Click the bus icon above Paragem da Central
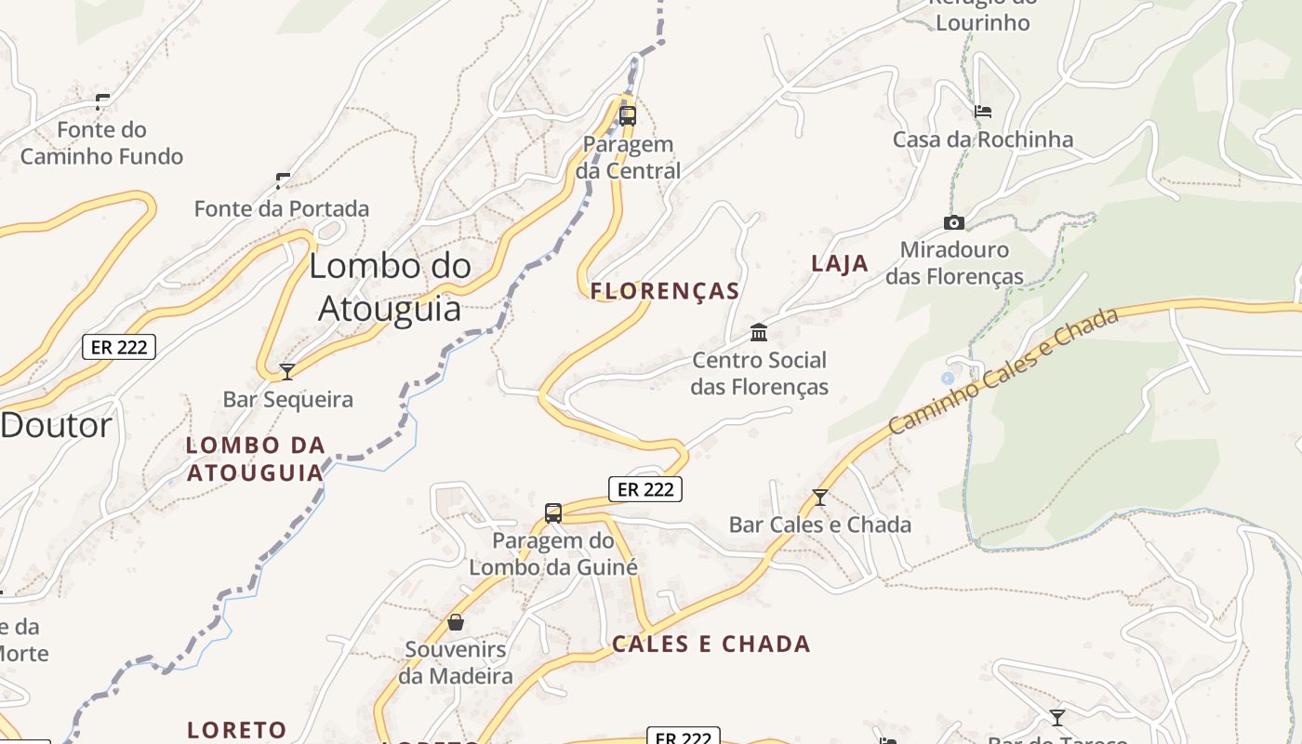click(628, 116)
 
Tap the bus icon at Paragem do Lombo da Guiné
click(553, 512)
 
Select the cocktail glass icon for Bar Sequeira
click(287, 372)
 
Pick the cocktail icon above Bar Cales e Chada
click(819, 498)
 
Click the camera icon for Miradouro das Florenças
click(953, 223)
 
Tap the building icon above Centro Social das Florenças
click(759, 332)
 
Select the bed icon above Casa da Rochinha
click(982, 112)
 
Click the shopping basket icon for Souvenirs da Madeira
click(456, 622)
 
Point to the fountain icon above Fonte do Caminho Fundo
click(102, 101)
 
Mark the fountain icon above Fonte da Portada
click(283, 180)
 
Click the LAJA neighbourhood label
click(840, 263)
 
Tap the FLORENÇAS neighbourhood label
click(665, 291)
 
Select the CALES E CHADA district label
click(711, 644)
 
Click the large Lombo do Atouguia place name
click(390, 286)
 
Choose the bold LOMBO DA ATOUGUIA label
click(255, 458)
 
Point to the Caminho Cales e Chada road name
click(1003, 371)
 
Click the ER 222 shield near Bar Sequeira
click(119, 347)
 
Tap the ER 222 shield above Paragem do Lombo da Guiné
click(645, 489)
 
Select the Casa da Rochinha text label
click(982, 139)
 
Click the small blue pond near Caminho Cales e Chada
click(948, 379)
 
